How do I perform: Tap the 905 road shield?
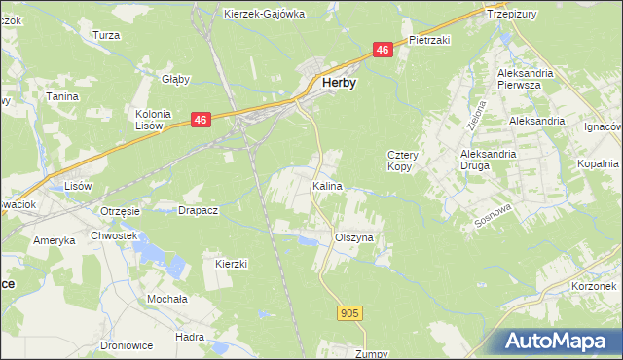351,312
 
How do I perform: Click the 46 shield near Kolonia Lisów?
200,120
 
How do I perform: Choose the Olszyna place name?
354,236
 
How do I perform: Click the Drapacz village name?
198,209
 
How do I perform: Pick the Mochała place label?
165,299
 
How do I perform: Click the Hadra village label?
189,336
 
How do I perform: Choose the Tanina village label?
61,96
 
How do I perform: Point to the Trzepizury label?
513,15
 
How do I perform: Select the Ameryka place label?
55,240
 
